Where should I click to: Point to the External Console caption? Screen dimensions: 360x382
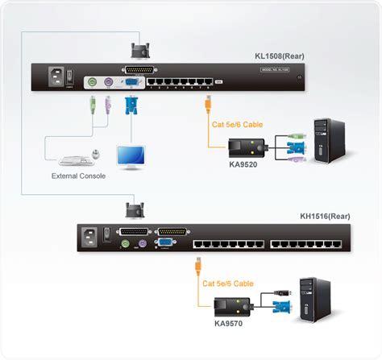tap(77, 175)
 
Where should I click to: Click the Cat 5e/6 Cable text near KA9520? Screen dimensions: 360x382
tap(237, 125)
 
